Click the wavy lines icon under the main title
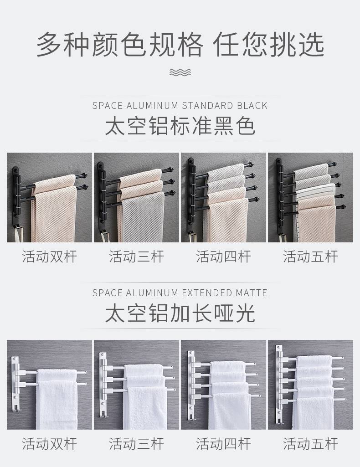click(x=180, y=72)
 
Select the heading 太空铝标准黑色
click(x=180, y=127)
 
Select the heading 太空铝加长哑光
click(x=180, y=313)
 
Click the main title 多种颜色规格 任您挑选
click(x=180, y=45)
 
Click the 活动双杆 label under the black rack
click(x=49, y=257)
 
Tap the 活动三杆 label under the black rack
click(x=136, y=257)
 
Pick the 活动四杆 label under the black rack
click(x=223, y=257)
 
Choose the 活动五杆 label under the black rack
click(x=310, y=257)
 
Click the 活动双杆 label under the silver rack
click(x=49, y=444)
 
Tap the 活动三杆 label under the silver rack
click(x=136, y=444)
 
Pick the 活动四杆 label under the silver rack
click(x=223, y=444)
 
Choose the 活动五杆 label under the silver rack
click(x=310, y=444)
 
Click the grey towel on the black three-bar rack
click(x=143, y=217)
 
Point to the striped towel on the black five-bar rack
click(x=316, y=190)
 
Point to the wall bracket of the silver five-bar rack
click(x=279, y=384)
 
